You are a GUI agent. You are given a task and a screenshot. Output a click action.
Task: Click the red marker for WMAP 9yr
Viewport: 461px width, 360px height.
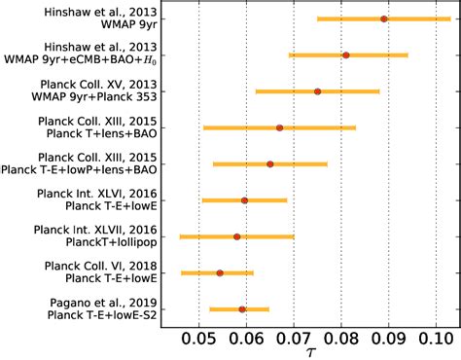coord(384,18)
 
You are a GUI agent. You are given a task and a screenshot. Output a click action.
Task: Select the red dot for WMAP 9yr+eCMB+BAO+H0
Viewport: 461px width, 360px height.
coord(346,55)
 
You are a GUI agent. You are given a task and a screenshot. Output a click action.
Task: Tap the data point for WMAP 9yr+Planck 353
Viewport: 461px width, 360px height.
coord(317,91)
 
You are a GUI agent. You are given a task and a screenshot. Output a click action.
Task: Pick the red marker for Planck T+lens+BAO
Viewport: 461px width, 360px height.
coord(280,127)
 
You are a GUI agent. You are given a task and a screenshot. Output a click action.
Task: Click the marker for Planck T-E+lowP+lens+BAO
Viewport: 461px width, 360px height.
coord(270,163)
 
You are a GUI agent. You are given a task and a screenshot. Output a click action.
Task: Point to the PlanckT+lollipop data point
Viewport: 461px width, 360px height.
coord(237,236)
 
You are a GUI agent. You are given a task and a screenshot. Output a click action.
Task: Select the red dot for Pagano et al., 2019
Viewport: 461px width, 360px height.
coord(242,309)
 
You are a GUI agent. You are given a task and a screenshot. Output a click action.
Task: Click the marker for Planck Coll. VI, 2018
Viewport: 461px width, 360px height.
coord(220,273)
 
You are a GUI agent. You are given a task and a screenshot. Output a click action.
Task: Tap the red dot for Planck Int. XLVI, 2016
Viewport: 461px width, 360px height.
coord(244,200)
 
